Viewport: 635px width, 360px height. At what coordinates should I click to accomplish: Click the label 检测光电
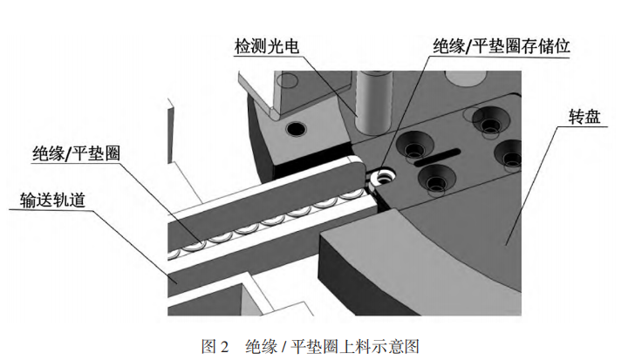(266, 45)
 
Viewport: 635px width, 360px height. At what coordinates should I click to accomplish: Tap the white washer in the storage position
(379, 179)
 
